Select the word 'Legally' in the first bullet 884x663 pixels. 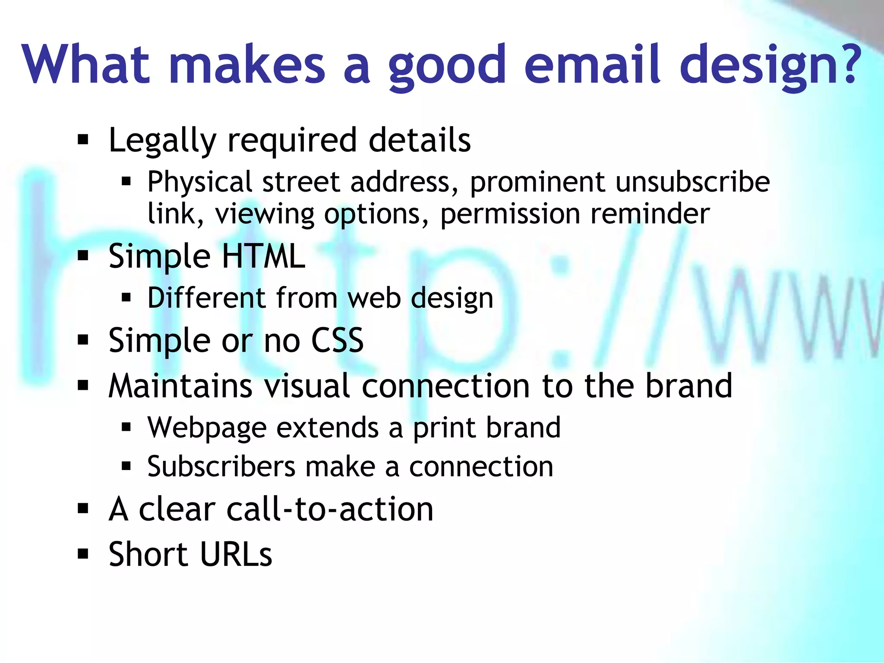coord(162,140)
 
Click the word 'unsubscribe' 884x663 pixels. coord(693,182)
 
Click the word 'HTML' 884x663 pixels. coord(263,256)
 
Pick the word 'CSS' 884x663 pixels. coord(337,340)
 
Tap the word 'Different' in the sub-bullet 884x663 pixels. coord(206,298)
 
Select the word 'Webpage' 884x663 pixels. coord(207,428)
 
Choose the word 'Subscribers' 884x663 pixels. coord(221,467)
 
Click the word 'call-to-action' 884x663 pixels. coord(330,509)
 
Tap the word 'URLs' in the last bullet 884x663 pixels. coord(236,554)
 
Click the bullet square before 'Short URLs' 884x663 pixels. coord(83,554)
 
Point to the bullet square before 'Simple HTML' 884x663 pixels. coord(83,256)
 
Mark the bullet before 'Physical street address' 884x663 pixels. coord(126,182)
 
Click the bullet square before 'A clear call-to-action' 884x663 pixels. coord(83,509)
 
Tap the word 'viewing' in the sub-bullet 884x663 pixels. coord(265,214)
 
